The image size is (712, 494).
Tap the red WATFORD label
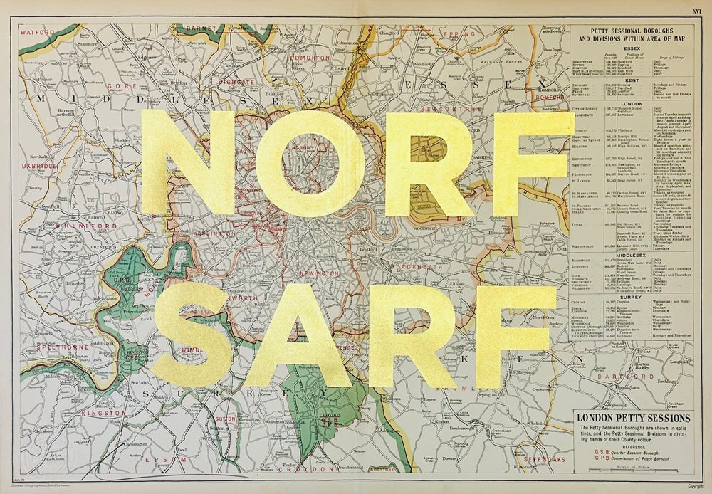[x=37, y=33]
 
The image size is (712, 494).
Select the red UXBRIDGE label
[x=39, y=166]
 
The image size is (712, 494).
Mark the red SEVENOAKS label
[x=545, y=460]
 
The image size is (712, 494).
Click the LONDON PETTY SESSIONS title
[x=632, y=418]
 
